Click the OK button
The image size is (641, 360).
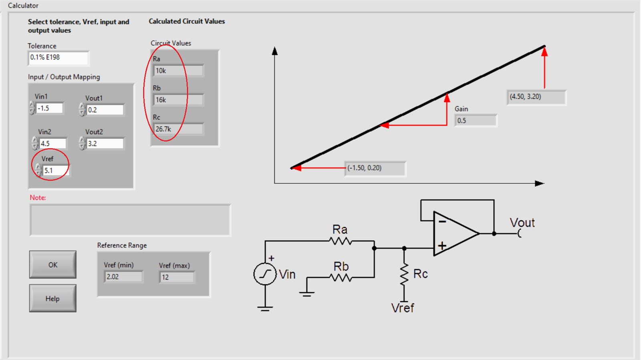click(x=52, y=265)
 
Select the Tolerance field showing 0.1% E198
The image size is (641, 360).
click(x=58, y=58)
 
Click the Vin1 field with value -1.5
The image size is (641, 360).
click(x=49, y=108)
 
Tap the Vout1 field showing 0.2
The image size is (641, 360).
click(x=105, y=110)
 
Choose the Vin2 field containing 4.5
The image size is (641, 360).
click(x=52, y=143)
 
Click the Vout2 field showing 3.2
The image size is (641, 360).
click(x=105, y=143)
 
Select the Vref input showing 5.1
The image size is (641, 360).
click(x=55, y=171)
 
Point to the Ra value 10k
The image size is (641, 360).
click(x=178, y=71)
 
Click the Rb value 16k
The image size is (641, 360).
click(x=178, y=100)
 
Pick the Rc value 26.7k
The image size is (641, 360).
click(x=178, y=129)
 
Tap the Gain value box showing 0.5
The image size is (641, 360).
click(x=476, y=121)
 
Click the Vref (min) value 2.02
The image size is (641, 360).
click(x=123, y=277)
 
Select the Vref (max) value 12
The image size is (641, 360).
click(x=177, y=277)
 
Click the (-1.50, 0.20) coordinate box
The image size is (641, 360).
click(x=375, y=168)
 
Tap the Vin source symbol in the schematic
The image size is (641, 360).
click(x=265, y=274)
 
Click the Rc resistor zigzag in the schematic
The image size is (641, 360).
click(x=404, y=274)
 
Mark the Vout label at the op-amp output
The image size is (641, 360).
click(x=522, y=223)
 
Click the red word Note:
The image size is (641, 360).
click(x=38, y=197)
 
